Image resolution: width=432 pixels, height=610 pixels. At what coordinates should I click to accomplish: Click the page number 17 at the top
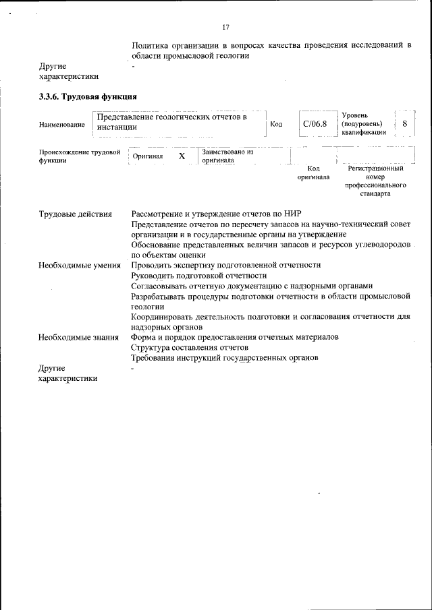(226, 27)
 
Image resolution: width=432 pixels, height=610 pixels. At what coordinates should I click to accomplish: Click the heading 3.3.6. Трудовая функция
(88, 96)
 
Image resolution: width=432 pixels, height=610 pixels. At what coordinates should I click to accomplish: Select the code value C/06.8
(315, 124)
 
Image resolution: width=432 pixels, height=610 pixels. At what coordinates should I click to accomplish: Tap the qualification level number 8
(404, 124)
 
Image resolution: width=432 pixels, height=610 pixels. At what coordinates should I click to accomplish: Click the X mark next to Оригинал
(182, 156)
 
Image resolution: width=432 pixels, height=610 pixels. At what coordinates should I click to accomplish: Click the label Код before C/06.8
(275, 124)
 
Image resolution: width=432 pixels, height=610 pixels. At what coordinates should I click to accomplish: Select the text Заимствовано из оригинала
(227, 156)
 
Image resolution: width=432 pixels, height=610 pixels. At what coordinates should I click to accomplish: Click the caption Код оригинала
(313, 173)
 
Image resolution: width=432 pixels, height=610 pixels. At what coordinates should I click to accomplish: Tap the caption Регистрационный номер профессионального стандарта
(376, 181)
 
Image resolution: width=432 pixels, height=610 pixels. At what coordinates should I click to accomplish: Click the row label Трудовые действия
(75, 214)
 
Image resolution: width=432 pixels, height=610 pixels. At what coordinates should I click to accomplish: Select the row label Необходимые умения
(80, 266)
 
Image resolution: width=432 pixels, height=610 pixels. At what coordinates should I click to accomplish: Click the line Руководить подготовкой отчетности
(199, 276)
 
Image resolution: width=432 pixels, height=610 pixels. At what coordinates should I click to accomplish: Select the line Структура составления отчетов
(191, 347)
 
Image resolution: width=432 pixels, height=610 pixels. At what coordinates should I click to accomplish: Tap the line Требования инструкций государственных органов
(224, 358)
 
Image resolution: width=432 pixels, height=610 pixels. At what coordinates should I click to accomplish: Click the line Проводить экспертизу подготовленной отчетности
(226, 266)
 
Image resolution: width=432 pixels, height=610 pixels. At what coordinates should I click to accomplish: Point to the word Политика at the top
(150, 45)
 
